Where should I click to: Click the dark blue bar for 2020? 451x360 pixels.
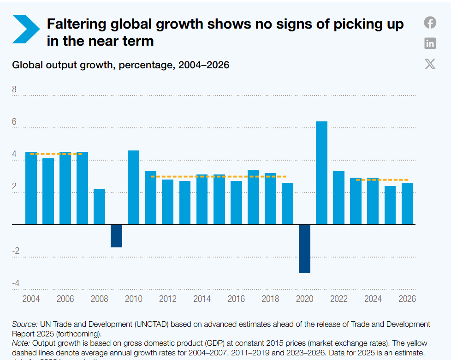tap(304, 249)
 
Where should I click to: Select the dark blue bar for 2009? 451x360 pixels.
tap(116, 236)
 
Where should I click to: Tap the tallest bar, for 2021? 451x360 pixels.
tap(321, 173)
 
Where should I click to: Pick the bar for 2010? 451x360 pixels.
tap(133, 187)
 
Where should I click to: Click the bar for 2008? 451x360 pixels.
tap(99, 207)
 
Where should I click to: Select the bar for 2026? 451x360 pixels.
tap(407, 204)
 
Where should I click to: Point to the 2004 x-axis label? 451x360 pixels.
tap(31, 299)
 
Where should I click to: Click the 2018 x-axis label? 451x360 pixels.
tap(270, 299)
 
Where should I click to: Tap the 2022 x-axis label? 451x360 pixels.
tap(338, 299)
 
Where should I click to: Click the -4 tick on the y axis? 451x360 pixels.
tap(16, 283)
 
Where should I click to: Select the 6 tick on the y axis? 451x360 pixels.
tap(14, 122)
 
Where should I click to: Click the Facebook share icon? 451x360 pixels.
tap(430, 22)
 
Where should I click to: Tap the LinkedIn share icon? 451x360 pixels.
tap(430, 43)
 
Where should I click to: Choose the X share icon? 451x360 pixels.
tap(430, 64)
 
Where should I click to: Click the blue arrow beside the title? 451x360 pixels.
tap(26, 29)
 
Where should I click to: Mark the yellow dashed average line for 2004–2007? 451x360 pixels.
tap(56, 154)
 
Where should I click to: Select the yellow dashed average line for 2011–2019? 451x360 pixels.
tap(219, 176)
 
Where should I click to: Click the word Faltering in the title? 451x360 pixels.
tap(78, 24)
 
